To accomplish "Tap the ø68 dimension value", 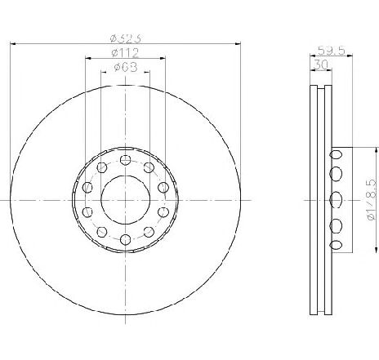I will click(125, 69).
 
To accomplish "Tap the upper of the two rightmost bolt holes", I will click(163, 188).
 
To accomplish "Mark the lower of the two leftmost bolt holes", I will click(87, 212).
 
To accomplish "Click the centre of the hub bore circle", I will click(125, 200).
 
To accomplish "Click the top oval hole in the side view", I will click(335, 153).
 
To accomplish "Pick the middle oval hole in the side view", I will click(335, 199).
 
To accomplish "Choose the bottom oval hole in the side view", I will click(335, 246).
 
